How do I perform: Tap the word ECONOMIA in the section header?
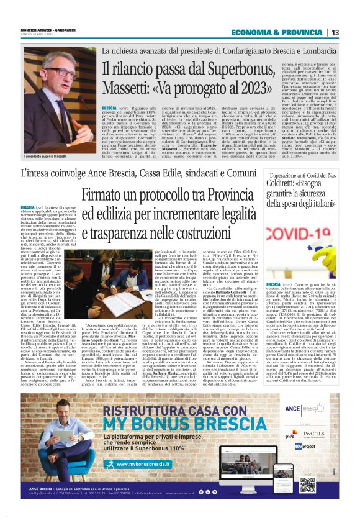pos(253,32)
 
